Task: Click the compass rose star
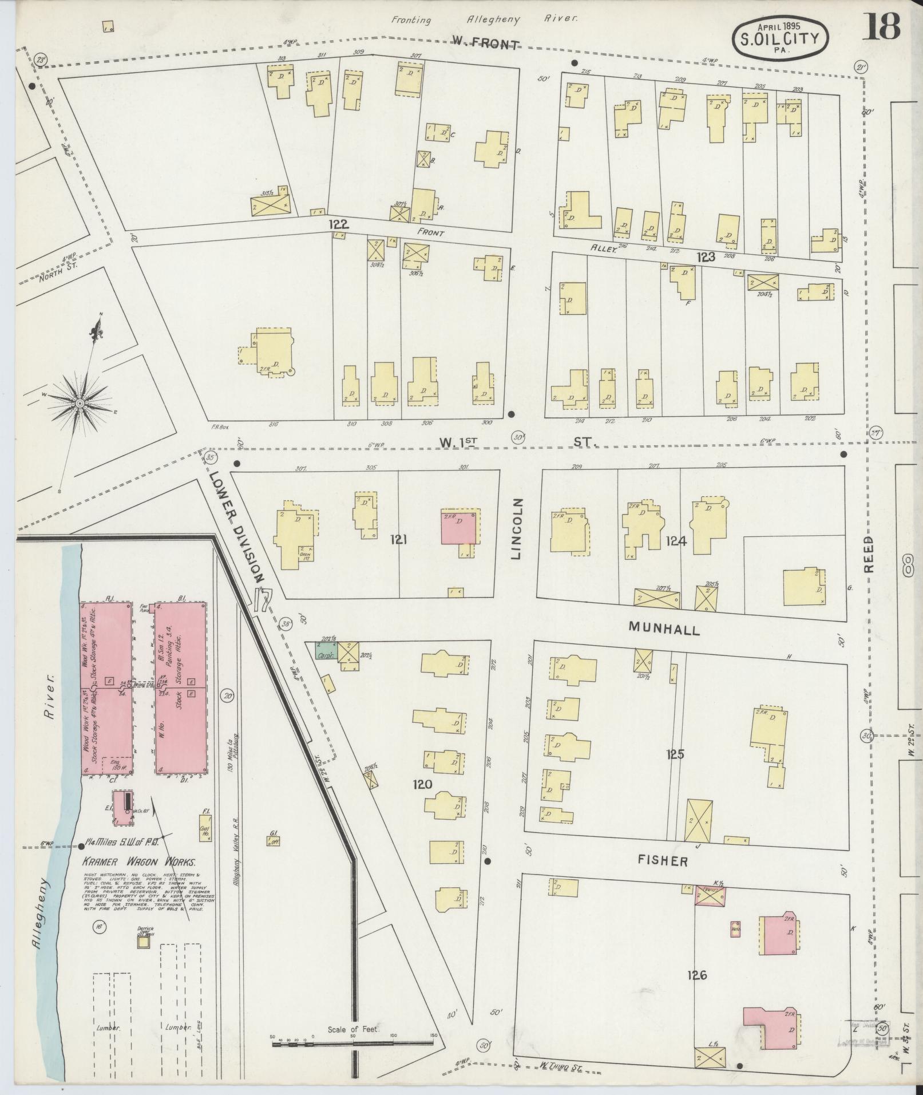pyautogui.click(x=81, y=403)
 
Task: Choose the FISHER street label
pyautogui.click(x=663, y=860)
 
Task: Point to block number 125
pyautogui.click(x=675, y=754)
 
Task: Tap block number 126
pyautogui.click(x=698, y=974)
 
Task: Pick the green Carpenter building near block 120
pyautogui.click(x=326, y=651)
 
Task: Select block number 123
pyautogui.click(x=706, y=257)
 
